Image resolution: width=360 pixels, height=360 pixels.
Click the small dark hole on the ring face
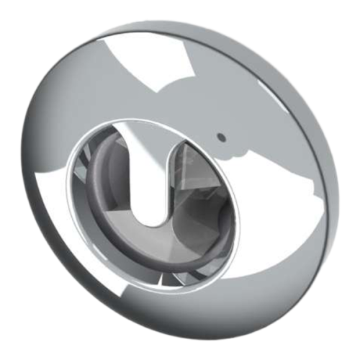(222, 135)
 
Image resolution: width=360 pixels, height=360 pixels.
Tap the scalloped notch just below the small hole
(232, 153)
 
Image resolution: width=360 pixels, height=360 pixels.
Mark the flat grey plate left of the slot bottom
(115, 209)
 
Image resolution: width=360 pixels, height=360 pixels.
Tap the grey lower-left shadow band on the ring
(79, 266)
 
